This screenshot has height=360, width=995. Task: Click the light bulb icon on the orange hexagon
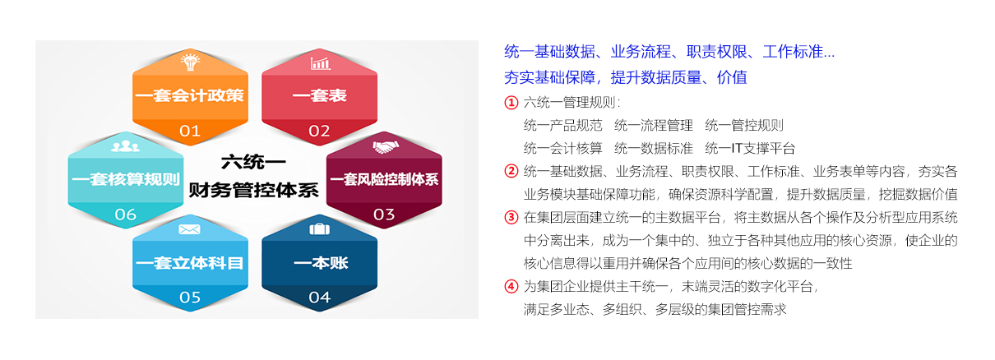click(x=190, y=62)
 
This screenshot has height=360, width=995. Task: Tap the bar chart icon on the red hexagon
click(x=320, y=63)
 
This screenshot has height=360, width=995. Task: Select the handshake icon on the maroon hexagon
click(x=385, y=147)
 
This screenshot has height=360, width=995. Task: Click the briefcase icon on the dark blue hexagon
click(x=319, y=229)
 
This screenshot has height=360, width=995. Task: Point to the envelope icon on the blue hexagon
click(x=189, y=229)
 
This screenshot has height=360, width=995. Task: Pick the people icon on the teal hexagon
click(x=125, y=146)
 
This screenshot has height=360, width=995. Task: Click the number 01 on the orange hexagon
click(x=190, y=131)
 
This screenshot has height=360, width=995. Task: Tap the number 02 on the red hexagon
click(x=319, y=131)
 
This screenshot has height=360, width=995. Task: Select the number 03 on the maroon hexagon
click(x=384, y=215)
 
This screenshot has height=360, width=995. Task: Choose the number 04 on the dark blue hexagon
click(x=319, y=298)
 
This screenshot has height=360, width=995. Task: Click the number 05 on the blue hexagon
click(x=190, y=298)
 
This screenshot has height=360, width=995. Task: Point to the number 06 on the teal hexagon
click(x=125, y=215)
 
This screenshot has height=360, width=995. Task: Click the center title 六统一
click(x=253, y=162)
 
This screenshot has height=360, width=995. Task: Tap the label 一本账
click(x=321, y=263)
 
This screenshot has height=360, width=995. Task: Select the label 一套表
click(x=319, y=95)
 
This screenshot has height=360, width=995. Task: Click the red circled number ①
click(x=511, y=103)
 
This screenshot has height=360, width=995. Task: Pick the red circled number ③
click(x=511, y=217)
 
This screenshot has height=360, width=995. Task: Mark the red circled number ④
click(x=511, y=286)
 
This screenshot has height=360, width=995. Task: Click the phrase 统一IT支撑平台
click(x=750, y=148)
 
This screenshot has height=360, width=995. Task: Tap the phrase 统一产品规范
click(x=562, y=126)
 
